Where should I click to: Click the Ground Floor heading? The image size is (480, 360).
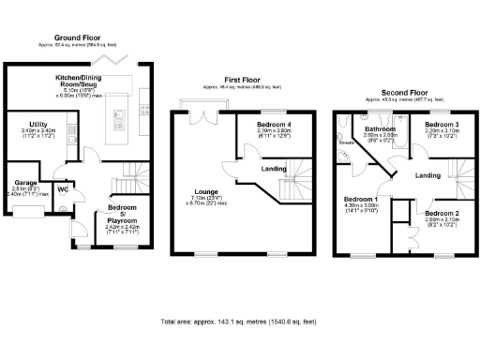[79, 34]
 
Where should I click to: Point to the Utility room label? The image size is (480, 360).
[38, 125]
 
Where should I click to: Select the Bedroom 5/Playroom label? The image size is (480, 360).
[121, 213]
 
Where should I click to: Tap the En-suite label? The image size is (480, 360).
[346, 142]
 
